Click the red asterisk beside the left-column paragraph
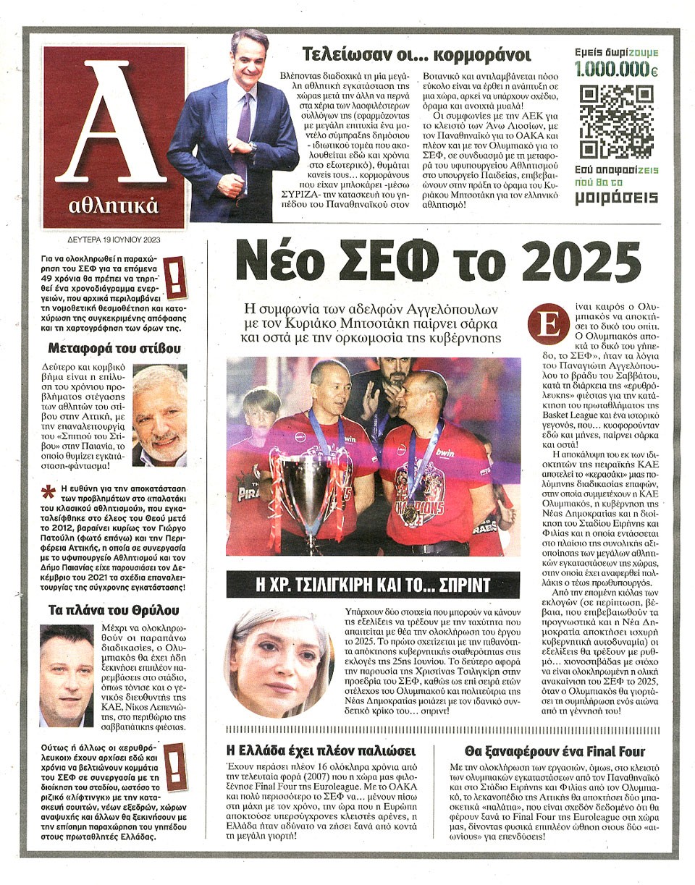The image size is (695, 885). tap(49, 492)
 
